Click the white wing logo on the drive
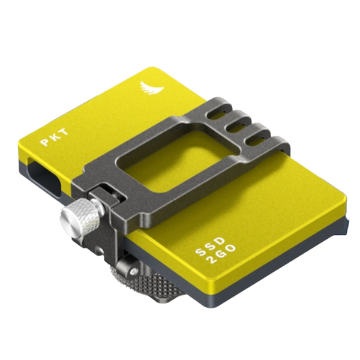[151, 89]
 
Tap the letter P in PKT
[44, 142]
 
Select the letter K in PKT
[54, 137]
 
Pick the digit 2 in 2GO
[211, 260]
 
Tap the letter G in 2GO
[220, 254]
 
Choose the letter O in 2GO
[230, 248]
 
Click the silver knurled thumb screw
[80, 214]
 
